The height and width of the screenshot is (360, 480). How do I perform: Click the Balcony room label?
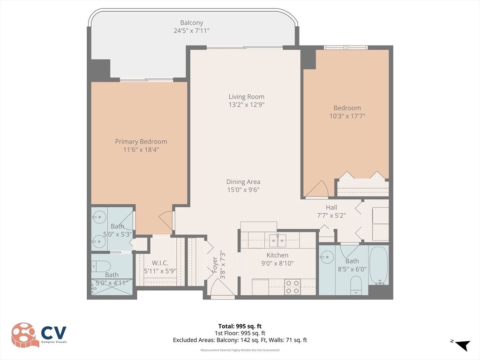point(192,22)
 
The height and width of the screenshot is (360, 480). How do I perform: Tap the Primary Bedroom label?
point(141,142)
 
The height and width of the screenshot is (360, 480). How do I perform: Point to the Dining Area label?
point(243,182)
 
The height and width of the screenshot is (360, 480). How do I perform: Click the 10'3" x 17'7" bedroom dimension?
point(347,116)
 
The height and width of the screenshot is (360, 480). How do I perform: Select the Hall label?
point(331,207)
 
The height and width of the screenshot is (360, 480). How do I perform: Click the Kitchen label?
point(277,255)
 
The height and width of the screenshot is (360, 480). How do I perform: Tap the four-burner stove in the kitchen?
point(293,286)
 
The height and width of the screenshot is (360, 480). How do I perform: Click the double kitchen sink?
point(278,240)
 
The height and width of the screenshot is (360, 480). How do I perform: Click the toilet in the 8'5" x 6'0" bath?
point(356,284)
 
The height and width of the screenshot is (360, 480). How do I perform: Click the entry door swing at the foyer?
point(220,287)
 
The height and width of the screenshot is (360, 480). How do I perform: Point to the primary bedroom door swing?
point(166,220)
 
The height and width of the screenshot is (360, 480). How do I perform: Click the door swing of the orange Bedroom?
point(318,188)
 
